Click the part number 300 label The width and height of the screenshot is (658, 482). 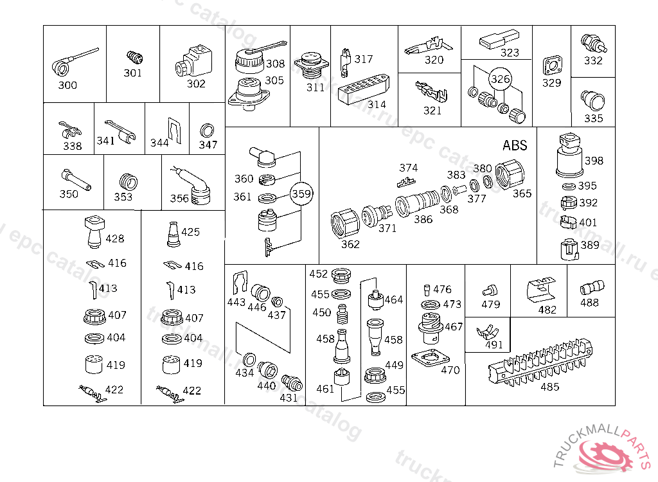[67, 85]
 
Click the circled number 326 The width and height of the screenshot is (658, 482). [501, 79]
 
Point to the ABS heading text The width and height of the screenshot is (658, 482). [515, 145]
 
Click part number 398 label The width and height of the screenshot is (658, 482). [594, 161]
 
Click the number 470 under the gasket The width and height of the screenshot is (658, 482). [450, 370]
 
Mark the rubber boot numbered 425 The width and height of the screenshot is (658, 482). [173, 234]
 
